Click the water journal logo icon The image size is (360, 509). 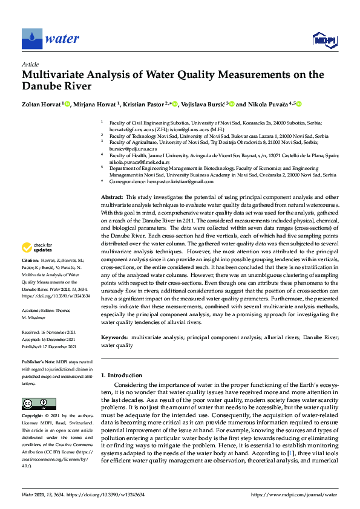pos(31,39)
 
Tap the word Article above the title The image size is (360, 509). pos(30,65)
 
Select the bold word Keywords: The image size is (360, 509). pos(114,336)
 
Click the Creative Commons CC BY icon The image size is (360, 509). pos(39,404)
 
